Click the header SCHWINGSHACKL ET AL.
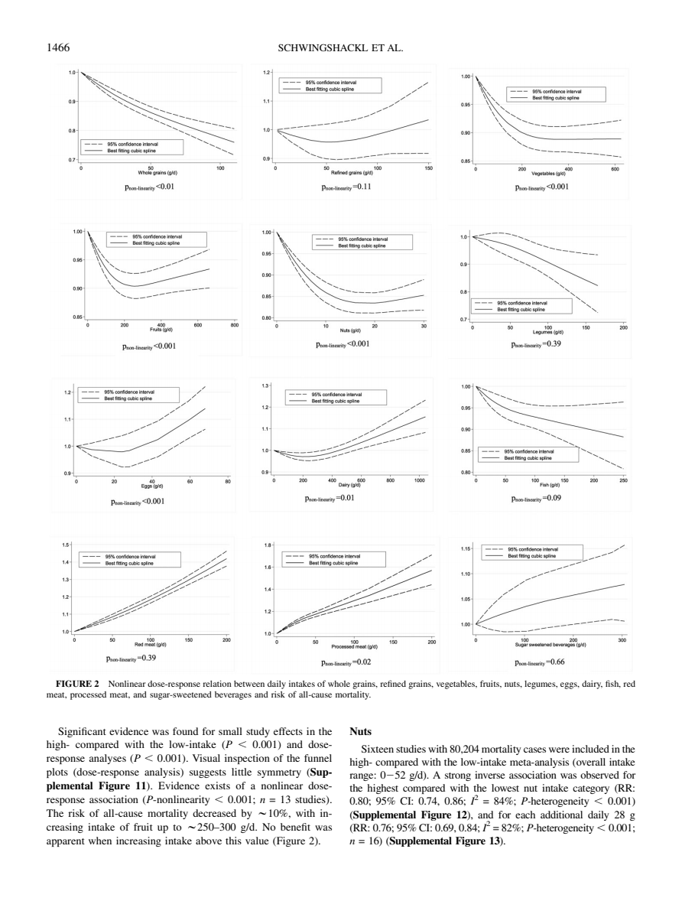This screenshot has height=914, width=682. click(340, 47)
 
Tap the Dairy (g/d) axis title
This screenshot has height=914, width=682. click(352, 486)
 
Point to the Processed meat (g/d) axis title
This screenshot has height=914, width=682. click(352, 645)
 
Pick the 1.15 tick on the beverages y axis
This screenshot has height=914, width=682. click(465, 548)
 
